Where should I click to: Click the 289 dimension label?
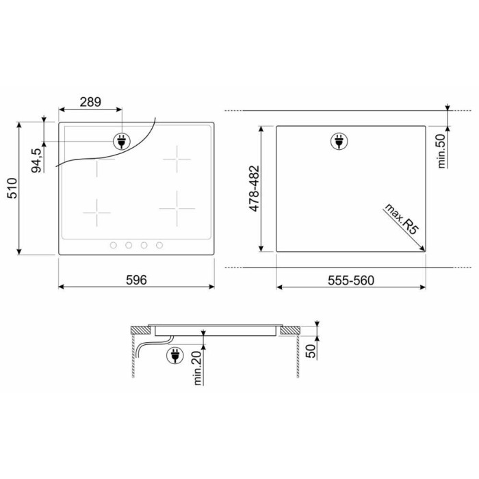90,102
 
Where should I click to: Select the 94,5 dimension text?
36,160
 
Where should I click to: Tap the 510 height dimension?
12,188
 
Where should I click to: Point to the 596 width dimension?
136,280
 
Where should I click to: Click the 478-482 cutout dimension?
254,188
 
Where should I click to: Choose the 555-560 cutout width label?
351,280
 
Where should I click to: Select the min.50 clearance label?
441,151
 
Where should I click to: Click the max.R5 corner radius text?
401,219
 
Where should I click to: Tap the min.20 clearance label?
198,368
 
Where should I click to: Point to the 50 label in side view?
311,351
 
